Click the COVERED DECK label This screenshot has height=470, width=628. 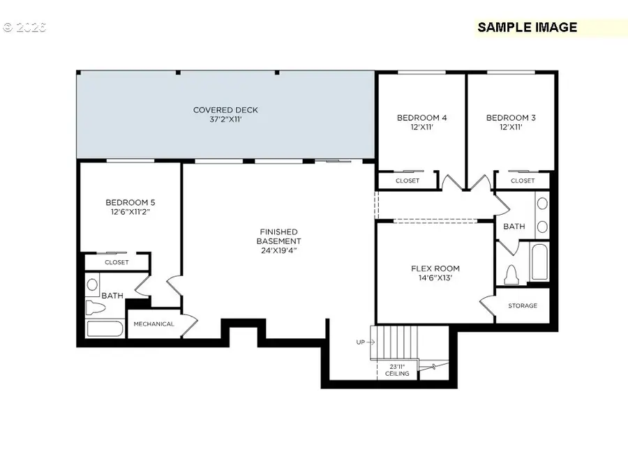(225, 109)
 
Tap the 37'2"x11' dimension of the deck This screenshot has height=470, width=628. (225, 119)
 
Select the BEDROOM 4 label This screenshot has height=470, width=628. (421, 118)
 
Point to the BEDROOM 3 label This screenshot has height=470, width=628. (511, 118)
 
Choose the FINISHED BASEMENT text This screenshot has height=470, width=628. (278, 236)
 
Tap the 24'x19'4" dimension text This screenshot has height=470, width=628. (278, 250)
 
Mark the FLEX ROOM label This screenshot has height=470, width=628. (435, 268)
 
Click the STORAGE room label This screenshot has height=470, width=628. (523, 305)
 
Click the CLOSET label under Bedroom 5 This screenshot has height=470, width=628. (117, 263)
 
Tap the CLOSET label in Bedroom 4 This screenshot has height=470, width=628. (408, 181)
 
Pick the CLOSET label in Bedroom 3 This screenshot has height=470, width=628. (522, 181)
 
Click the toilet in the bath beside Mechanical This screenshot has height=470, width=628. (94, 308)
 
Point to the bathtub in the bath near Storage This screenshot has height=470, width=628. (539, 261)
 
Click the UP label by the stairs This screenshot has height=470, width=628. (360, 342)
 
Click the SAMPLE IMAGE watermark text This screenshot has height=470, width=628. (527, 27)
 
